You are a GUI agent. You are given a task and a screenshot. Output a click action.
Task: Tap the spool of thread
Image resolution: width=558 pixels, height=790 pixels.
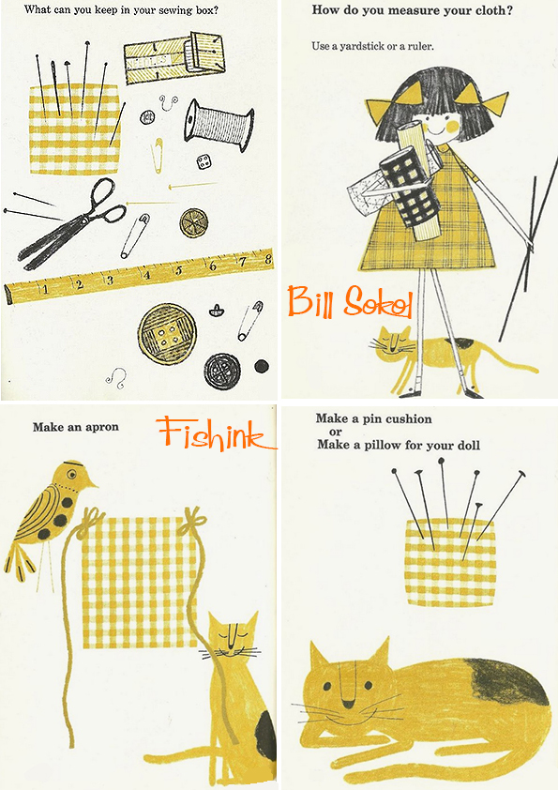[x=219, y=125]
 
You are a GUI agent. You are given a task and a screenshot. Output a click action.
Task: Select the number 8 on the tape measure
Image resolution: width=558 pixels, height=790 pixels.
[x=267, y=259]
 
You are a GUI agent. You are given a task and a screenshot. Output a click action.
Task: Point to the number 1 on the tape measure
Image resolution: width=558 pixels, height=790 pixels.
[x=45, y=290]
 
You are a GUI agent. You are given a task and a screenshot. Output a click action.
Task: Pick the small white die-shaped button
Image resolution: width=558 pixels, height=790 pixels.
[x=204, y=162]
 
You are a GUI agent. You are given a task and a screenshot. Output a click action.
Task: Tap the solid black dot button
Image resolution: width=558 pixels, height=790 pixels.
[x=262, y=366]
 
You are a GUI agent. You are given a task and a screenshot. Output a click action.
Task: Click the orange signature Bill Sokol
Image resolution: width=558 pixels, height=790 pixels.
[x=350, y=302]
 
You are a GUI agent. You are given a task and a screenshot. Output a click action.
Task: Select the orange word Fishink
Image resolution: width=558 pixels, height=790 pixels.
[x=216, y=433]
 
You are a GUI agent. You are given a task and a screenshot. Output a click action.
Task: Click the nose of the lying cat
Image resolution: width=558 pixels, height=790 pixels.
[x=348, y=704]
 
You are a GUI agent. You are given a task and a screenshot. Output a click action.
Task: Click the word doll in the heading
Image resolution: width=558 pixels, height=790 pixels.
[x=469, y=445]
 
